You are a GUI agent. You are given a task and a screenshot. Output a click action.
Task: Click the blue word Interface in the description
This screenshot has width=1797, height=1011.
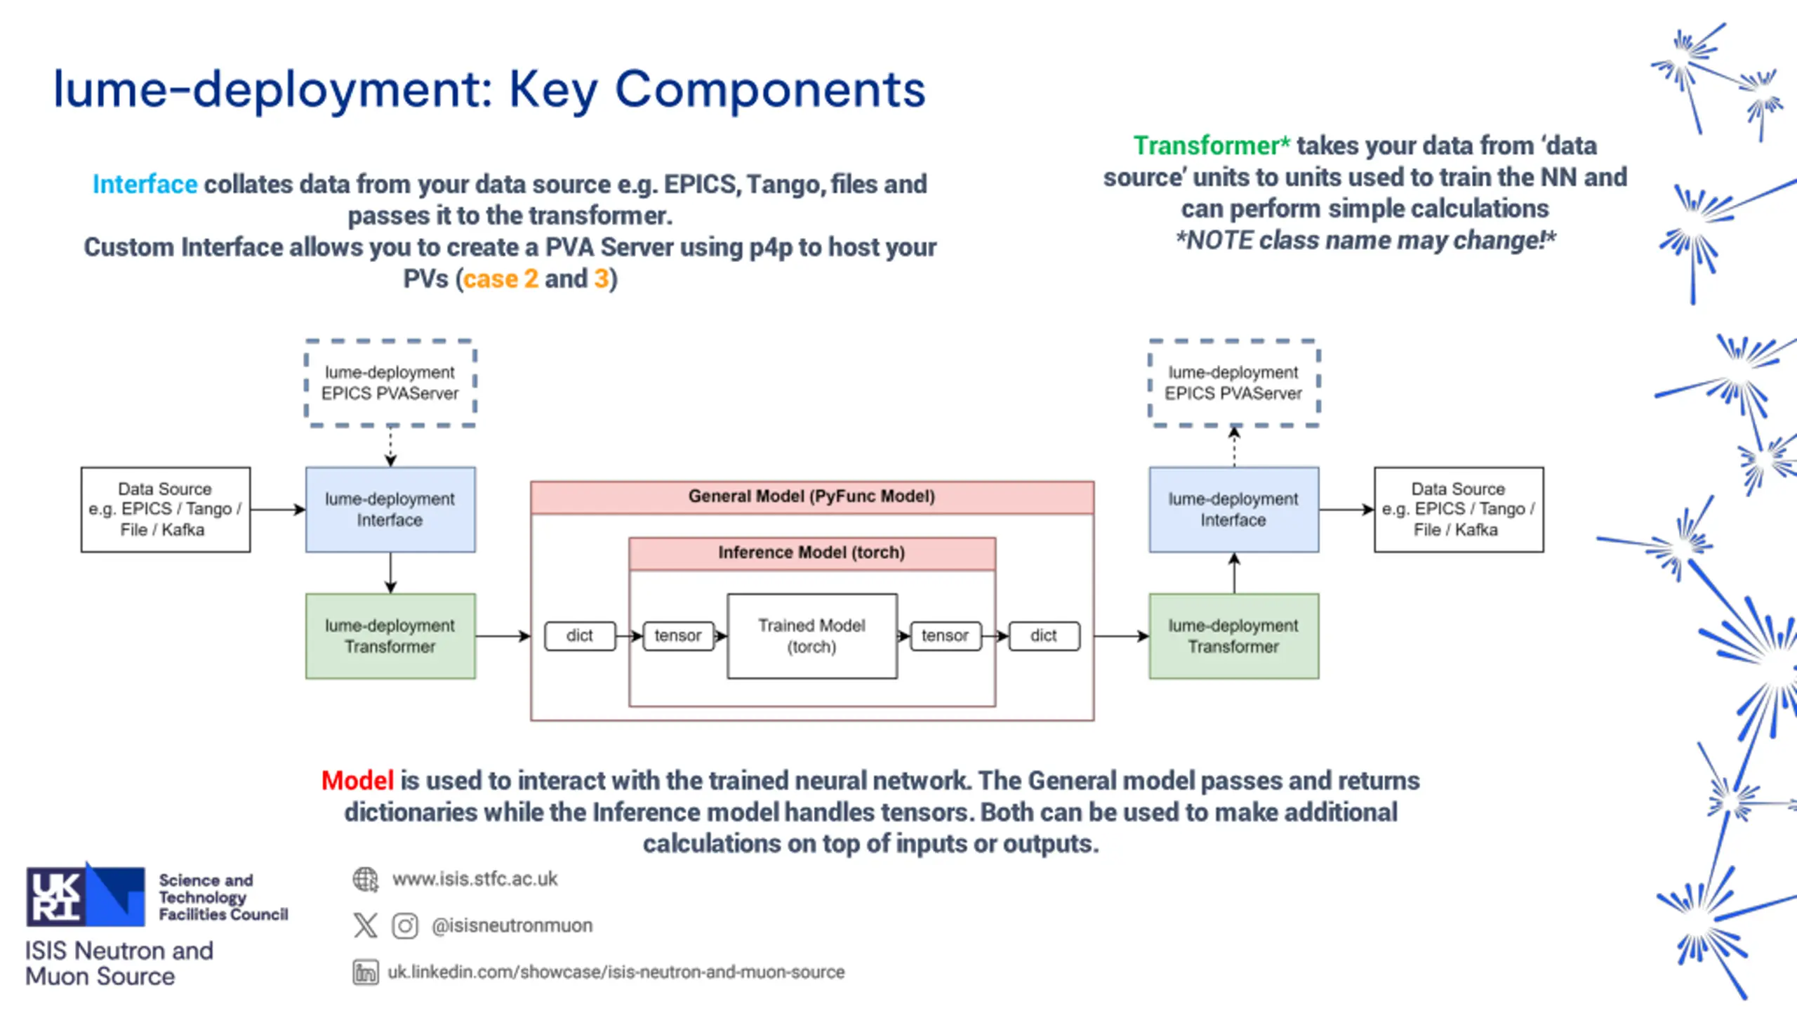click(x=145, y=184)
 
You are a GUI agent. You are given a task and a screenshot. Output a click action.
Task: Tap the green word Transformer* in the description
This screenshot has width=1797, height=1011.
click(x=1212, y=145)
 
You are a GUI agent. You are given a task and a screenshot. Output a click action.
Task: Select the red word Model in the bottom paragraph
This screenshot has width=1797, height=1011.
click(x=357, y=781)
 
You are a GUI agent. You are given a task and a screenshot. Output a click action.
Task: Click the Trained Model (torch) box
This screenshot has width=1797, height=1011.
click(x=812, y=636)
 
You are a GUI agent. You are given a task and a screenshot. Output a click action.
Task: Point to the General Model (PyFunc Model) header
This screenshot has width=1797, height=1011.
click(x=812, y=497)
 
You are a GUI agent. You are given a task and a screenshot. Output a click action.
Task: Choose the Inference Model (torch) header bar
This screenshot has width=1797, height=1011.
click(x=812, y=553)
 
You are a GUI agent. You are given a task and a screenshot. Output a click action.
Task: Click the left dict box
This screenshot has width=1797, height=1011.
click(x=580, y=635)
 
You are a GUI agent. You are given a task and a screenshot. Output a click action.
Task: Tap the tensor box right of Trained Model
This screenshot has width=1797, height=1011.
click(x=946, y=635)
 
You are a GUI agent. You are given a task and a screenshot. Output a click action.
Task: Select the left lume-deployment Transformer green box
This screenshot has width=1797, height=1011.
click(x=390, y=636)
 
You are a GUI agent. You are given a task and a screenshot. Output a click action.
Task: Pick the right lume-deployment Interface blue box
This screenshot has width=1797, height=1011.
click(x=1234, y=510)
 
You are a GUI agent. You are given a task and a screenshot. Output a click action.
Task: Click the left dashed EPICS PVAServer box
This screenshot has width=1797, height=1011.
click(x=390, y=383)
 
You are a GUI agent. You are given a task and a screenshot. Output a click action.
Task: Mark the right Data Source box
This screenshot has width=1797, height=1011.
click(x=1459, y=510)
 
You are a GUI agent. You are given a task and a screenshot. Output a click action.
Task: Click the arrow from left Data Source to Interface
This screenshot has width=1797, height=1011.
click(x=278, y=510)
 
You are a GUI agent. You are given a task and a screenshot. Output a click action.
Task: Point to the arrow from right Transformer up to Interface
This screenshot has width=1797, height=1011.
click(x=1234, y=573)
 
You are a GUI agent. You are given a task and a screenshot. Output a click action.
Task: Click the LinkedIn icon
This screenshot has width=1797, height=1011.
click(x=365, y=972)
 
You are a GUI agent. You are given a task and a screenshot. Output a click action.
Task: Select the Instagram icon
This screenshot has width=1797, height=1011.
click(x=405, y=926)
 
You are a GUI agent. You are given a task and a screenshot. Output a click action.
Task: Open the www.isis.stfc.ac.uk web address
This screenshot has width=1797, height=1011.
click(x=475, y=879)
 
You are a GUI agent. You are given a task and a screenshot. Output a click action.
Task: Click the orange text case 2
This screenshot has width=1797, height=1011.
click(x=500, y=279)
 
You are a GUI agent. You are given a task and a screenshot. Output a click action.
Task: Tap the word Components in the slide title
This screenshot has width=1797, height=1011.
click(x=770, y=90)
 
